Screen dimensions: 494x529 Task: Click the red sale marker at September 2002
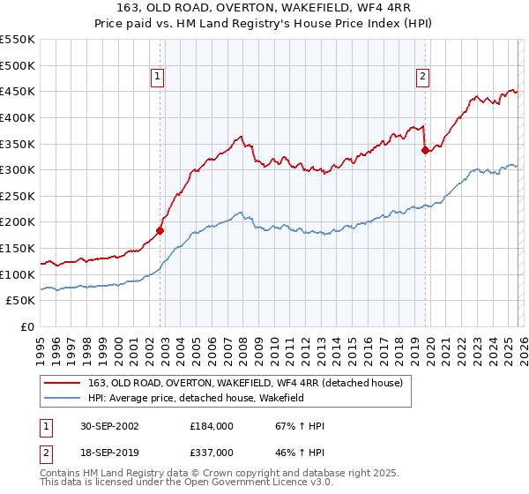pyautogui.click(x=160, y=231)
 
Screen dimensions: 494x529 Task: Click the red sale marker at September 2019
pyautogui.click(x=425, y=151)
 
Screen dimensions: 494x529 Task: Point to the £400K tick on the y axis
pyautogui.click(x=19, y=117)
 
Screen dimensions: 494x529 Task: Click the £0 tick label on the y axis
pyautogui.click(x=27, y=327)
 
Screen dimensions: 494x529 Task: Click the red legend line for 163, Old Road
pyautogui.click(x=63, y=383)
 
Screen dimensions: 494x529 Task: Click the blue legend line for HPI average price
pyautogui.click(x=63, y=399)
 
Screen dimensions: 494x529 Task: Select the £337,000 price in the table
pyautogui.click(x=212, y=452)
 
